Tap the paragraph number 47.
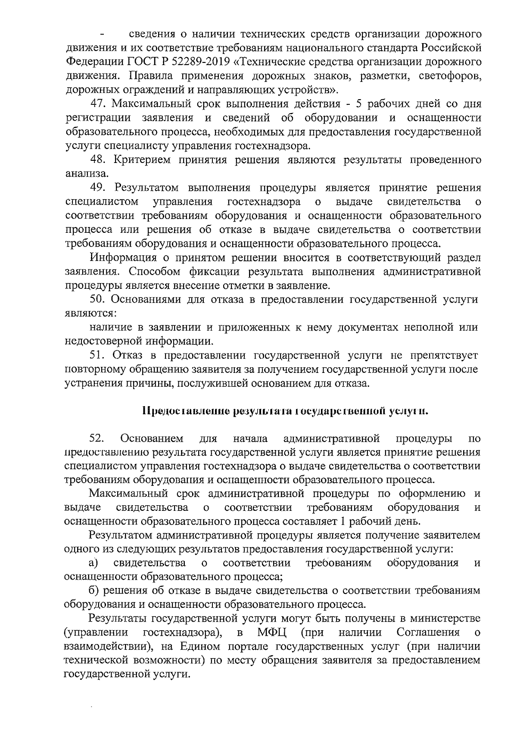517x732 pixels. point(99,104)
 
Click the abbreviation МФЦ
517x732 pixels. point(270,632)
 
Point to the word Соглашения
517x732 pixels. point(428,632)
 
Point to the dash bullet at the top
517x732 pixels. point(102,34)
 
